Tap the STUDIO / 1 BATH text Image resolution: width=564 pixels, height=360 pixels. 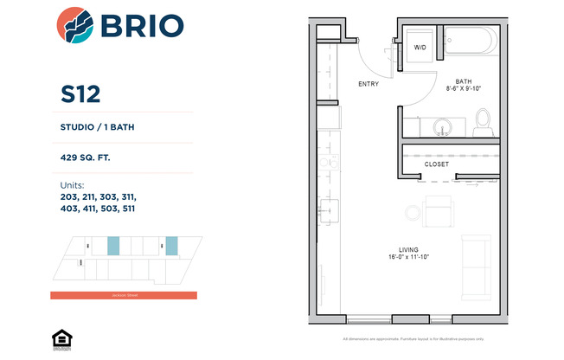[97, 128]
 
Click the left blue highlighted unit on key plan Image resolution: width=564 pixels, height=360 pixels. [112, 245]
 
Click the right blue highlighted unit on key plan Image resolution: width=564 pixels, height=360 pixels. [171, 245]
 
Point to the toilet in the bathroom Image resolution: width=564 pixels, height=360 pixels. [484, 122]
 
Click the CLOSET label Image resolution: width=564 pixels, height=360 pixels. [437, 163]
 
